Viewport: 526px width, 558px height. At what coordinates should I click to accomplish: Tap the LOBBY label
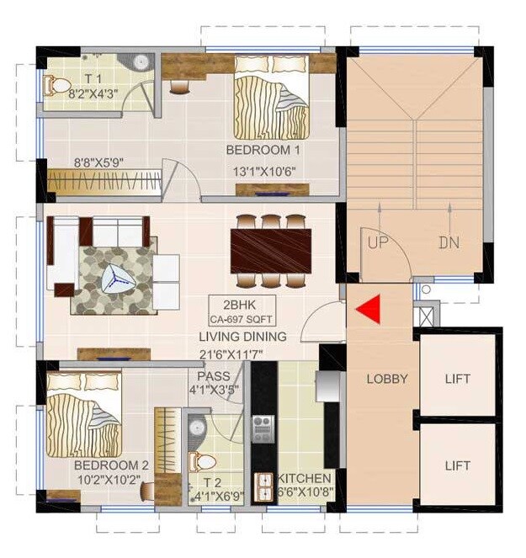(x=386, y=379)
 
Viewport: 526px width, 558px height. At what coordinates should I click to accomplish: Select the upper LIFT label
(x=458, y=379)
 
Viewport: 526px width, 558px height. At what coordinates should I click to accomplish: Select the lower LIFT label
(x=458, y=465)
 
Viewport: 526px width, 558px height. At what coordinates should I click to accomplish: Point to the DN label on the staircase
(x=449, y=242)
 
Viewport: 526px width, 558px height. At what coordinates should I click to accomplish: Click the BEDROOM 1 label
(x=263, y=150)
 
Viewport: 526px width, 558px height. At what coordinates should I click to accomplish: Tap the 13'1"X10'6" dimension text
(x=263, y=172)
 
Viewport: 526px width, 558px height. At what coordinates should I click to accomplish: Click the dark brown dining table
(x=271, y=250)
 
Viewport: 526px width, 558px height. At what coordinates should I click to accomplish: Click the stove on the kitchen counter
(x=263, y=425)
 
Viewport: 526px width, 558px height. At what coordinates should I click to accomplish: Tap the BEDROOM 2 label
(x=111, y=465)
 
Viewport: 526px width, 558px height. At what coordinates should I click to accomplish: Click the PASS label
(x=213, y=376)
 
